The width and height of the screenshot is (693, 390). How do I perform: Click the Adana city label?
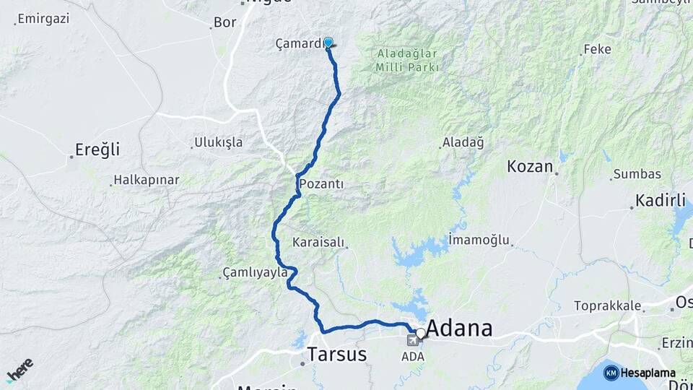[459, 329]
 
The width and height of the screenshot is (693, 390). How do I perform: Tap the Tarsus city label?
[336, 355]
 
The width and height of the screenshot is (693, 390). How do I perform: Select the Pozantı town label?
[321, 184]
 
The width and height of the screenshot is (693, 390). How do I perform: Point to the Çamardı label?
[300, 44]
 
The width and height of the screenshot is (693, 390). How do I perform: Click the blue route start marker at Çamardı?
[328, 43]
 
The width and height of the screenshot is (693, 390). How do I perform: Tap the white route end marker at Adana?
[420, 333]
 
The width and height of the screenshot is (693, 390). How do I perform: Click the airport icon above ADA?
[412, 340]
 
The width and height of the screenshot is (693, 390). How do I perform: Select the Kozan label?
[530, 167]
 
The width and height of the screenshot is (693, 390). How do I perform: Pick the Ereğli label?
[97, 151]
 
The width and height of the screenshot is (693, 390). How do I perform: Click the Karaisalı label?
[318, 242]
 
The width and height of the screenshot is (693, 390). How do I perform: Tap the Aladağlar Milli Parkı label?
[407, 60]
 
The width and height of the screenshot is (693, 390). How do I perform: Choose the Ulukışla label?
[218, 142]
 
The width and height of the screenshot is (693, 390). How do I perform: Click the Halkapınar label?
[146, 180]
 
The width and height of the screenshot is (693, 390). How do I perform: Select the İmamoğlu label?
[479, 239]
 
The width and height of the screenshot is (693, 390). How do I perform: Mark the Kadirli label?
[660, 201]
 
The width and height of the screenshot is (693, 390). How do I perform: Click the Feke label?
[597, 49]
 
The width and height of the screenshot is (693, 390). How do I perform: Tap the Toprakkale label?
[607, 305]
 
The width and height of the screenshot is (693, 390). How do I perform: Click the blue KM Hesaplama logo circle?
[611, 373]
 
